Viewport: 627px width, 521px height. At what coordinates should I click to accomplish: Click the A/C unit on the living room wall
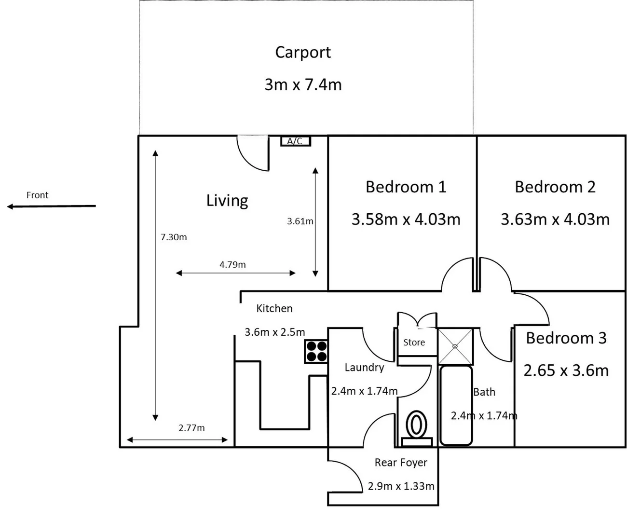pyautogui.click(x=296, y=141)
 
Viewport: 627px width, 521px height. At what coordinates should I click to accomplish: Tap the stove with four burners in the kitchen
pyautogui.click(x=316, y=351)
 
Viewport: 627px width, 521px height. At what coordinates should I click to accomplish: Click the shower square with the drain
pyautogui.click(x=455, y=346)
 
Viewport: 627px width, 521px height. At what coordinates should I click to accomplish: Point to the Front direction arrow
pyautogui.click(x=51, y=206)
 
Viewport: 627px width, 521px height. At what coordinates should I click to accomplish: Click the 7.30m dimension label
pyautogui.click(x=174, y=237)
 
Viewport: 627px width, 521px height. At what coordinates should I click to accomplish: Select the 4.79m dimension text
pyautogui.click(x=232, y=264)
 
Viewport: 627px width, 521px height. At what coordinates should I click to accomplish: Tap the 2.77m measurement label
pyautogui.click(x=191, y=427)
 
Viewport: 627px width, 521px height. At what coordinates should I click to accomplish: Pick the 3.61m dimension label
pyautogui.click(x=300, y=221)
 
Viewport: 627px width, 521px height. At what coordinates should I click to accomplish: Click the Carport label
pyautogui.click(x=303, y=52)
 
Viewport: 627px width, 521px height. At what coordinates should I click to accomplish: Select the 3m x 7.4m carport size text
pyautogui.click(x=303, y=84)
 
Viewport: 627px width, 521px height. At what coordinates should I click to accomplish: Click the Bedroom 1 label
pyautogui.click(x=406, y=187)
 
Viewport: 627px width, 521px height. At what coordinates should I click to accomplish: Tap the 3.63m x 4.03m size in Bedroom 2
pyautogui.click(x=555, y=219)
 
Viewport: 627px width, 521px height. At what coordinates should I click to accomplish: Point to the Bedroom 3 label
pyautogui.click(x=566, y=338)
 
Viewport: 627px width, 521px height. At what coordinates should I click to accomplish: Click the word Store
pyautogui.click(x=414, y=342)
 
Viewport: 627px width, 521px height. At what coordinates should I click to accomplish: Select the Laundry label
pyautogui.click(x=364, y=367)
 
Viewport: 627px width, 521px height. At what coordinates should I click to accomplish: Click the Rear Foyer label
pyautogui.click(x=401, y=462)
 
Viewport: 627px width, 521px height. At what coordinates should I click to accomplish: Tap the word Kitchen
pyautogui.click(x=274, y=308)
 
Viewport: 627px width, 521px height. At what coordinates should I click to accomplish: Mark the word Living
pyautogui.click(x=227, y=200)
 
